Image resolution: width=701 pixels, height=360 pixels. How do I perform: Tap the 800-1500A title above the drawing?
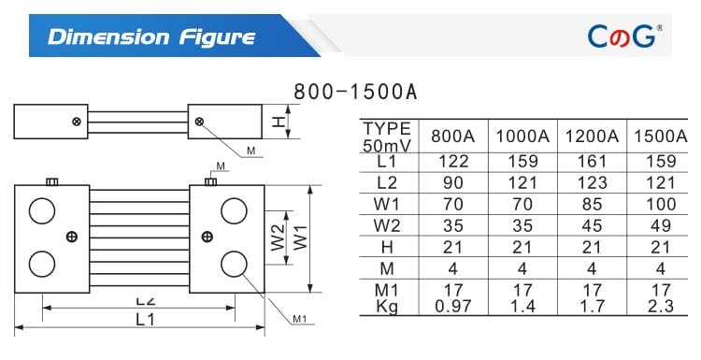355,92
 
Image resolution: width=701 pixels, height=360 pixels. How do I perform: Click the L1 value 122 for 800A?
453,162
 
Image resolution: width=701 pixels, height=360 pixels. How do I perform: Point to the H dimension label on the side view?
278,122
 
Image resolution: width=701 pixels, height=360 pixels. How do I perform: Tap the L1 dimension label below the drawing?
145,319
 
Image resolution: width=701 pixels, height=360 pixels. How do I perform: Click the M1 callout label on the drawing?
299,319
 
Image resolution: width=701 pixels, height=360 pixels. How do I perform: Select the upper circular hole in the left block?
41,212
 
